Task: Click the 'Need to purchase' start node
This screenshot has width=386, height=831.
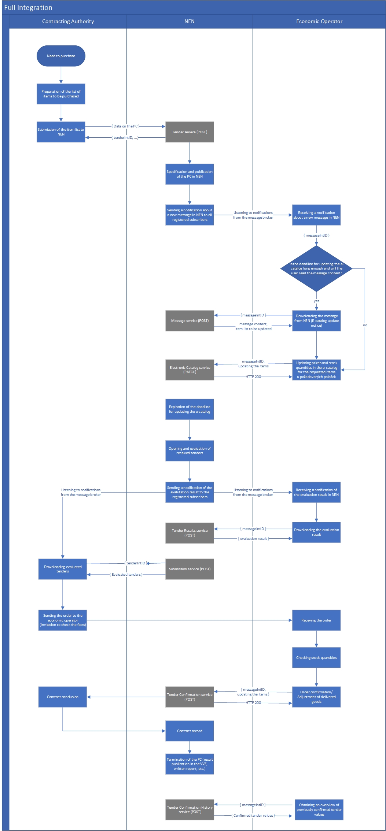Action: (x=61, y=56)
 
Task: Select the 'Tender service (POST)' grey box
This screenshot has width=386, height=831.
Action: (x=190, y=132)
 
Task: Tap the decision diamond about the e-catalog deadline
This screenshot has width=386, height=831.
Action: (x=316, y=268)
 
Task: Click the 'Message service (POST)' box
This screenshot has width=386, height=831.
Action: (x=190, y=321)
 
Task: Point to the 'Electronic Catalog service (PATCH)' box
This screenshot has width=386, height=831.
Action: (x=190, y=370)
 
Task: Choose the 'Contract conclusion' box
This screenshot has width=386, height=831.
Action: (x=63, y=697)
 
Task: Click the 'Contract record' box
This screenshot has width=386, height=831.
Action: (x=190, y=731)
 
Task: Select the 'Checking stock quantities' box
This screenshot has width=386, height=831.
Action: (x=316, y=658)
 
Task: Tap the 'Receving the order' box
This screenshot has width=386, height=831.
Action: (x=316, y=620)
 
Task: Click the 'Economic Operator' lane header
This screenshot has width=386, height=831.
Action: (x=319, y=21)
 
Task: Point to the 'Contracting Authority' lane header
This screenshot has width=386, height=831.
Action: (x=68, y=21)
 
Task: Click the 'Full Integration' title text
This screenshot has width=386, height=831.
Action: (x=28, y=8)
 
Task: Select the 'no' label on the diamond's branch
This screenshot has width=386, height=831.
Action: (x=365, y=325)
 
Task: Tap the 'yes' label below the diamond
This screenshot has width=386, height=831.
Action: (x=316, y=301)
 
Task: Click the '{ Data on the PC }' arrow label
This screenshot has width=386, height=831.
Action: (x=125, y=126)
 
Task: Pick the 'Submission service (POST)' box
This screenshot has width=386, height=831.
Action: (x=190, y=569)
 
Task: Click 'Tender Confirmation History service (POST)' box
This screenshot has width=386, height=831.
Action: (x=190, y=810)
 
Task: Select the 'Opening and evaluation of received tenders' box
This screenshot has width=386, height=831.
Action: (x=190, y=451)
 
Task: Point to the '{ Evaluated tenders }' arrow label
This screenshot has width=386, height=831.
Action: (x=126, y=575)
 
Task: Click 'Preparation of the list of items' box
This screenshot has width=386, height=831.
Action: (x=61, y=94)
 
